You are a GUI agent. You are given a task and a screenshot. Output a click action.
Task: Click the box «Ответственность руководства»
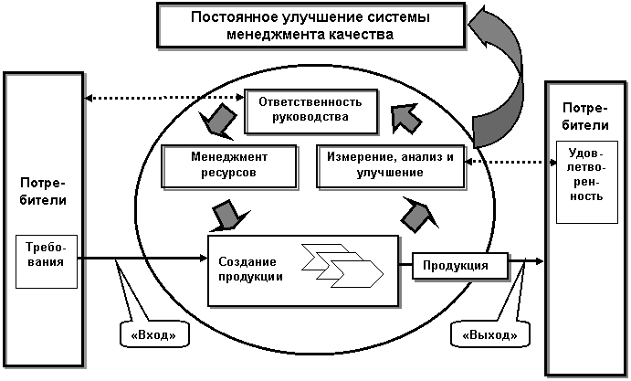click(311, 111)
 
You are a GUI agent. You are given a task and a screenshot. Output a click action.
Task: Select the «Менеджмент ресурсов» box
click(229, 166)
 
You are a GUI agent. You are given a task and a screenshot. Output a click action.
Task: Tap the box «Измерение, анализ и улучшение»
click(390, 166)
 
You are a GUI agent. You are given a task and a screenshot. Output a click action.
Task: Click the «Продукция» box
click(460, 266)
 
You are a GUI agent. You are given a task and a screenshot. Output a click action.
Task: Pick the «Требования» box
click(47, 262)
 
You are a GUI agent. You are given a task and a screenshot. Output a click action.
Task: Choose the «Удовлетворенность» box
click(587, 182)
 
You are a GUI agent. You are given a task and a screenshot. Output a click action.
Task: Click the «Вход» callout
click(154, 333)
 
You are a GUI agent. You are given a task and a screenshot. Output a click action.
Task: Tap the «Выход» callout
click(489, 333)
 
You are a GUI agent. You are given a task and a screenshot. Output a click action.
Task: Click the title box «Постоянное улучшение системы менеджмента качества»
click(311, 26)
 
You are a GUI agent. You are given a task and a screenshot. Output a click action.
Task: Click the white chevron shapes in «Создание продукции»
click(342, 265)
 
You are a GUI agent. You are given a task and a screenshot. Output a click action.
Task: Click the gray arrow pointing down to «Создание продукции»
click(227, 216)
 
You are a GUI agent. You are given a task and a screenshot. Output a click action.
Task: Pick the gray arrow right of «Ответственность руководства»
click(406, 119)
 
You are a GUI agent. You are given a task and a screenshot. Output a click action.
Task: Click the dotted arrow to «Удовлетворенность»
click(510, 162)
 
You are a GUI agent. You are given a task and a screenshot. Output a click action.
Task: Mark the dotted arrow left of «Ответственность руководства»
click(165, 98)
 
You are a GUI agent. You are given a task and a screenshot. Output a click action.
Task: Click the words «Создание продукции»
click(250, 269)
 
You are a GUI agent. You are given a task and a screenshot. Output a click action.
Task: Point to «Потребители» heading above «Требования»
click(43, 191)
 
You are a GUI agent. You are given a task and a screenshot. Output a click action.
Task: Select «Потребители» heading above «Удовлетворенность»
click(585, 116)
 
